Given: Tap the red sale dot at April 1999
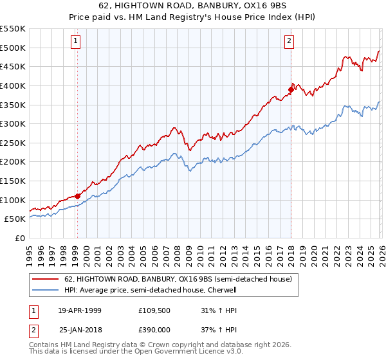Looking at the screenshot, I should coord(77,195).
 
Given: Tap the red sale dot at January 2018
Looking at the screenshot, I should coord(291,89).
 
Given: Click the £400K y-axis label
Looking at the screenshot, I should coord(14,85).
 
